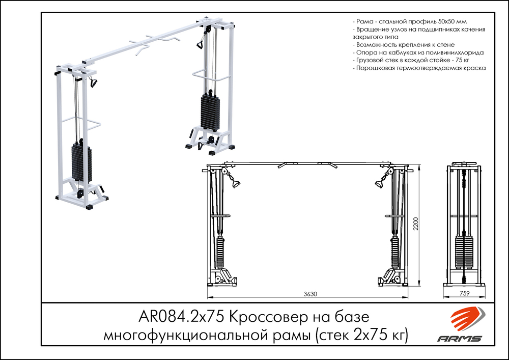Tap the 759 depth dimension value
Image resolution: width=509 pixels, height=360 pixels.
coord(464,294)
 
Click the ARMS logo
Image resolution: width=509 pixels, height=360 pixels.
coord(460,325)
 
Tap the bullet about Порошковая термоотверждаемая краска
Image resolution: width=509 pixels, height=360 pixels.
coord(419,68)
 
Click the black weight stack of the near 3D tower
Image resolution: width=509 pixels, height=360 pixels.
coord(81,163)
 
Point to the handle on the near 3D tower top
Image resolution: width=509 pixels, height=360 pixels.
coord(93,82)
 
